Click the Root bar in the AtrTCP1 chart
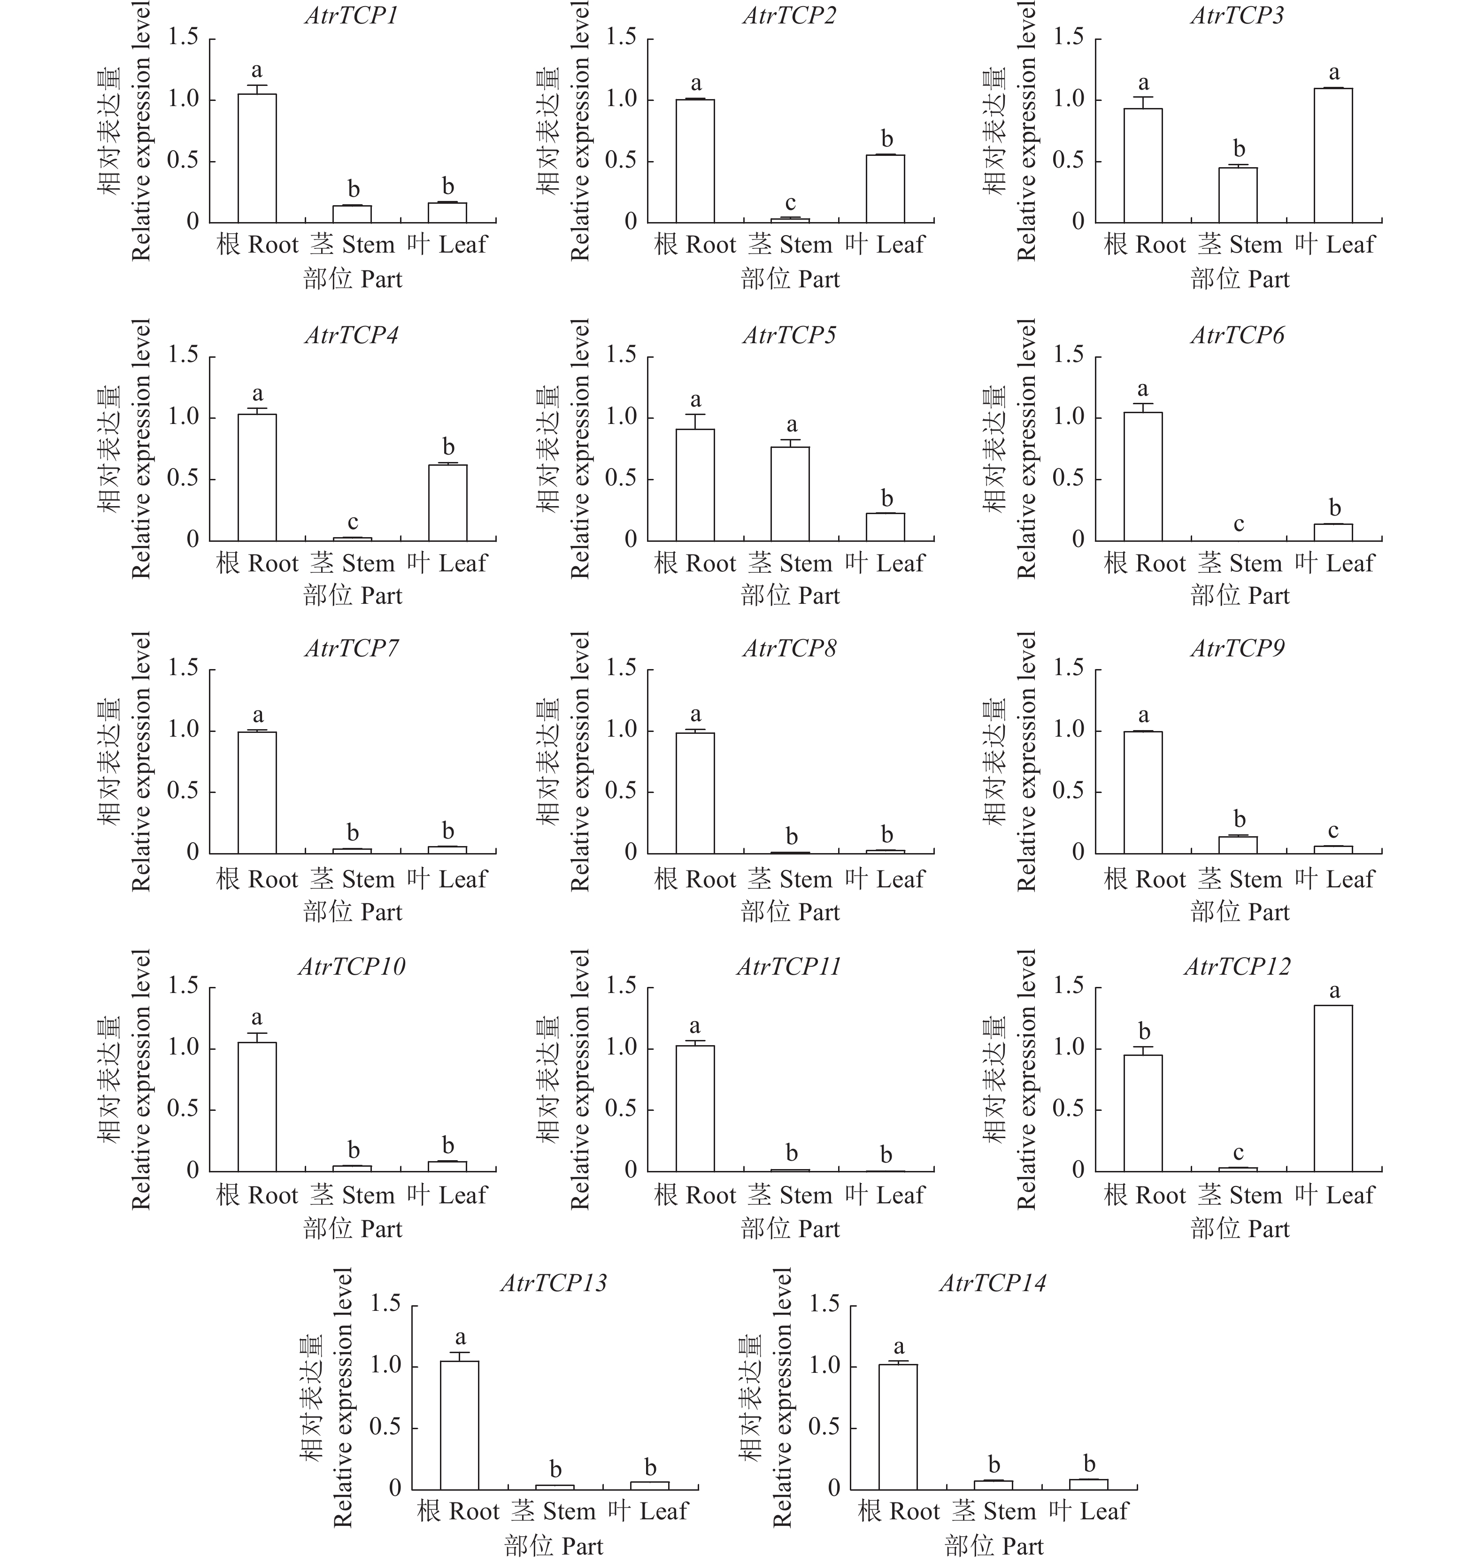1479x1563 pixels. pos(257,158)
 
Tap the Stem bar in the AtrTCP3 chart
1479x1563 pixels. pos(1238,195)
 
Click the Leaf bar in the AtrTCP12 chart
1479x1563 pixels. pos(1333,1088)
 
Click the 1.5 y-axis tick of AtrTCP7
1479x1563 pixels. pos(183,669)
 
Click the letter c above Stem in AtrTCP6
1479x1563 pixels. pos(1239,524)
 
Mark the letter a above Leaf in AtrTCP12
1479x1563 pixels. pos(1334,991)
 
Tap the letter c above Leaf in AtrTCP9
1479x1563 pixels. pos(1333,831)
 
